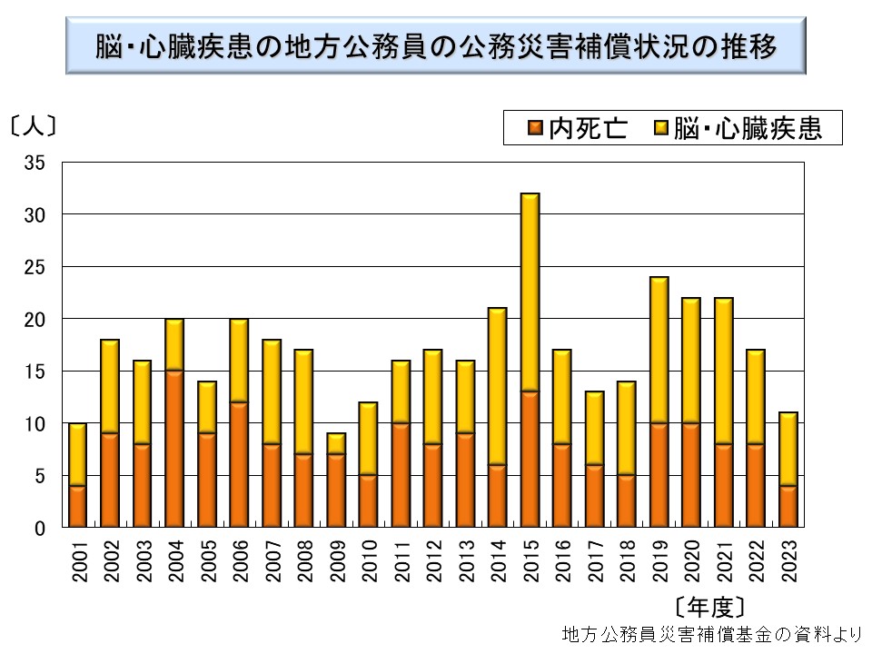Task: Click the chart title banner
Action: pos(436,45)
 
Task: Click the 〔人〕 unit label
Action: pos(34,124)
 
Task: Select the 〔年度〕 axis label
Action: pos(710,606)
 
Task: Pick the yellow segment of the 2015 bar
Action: pos(530,292)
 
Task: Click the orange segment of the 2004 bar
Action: pos(174,449)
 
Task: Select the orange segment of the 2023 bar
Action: pos(788,506)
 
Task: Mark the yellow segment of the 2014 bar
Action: pos(498,386)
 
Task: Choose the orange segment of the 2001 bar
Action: pos(78,506)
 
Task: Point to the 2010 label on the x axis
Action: pos(369,560)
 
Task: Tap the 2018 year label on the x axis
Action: pos(627,560)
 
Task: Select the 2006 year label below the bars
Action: pos(240,560)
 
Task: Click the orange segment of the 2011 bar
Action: pos(401,474)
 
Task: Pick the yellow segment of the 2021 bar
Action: pos(723,371)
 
